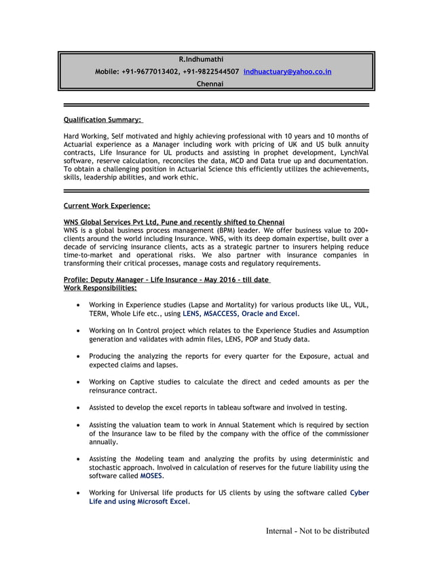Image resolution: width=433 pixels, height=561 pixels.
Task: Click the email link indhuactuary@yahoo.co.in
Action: [287, 71]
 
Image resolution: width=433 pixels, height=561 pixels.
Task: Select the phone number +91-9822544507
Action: [210, 71]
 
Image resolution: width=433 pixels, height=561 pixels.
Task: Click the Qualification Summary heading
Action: [103, 120]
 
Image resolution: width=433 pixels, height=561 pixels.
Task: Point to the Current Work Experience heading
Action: [107, 205]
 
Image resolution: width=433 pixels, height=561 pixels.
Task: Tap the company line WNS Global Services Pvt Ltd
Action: [174, 223]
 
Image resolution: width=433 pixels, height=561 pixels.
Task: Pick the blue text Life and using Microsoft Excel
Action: [139, 501]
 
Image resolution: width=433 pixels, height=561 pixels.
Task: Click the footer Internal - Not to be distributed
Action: [317, 530]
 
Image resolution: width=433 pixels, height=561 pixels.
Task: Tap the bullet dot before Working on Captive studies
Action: [81, 382]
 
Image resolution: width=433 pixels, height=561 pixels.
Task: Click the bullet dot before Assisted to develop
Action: [81, 408]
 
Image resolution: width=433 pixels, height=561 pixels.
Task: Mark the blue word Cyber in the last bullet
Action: [359, 492]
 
